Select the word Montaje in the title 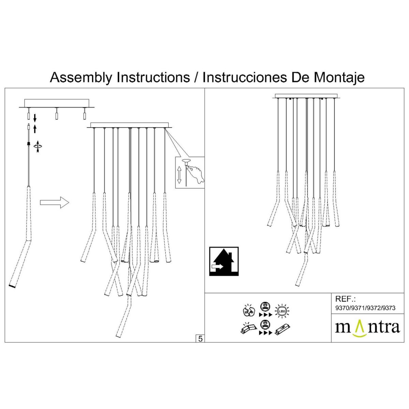click(x=339, y=77)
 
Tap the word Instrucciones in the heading click(x=244, y=77)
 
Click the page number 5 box click(x=200, y=338)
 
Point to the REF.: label click(x=345, y=299)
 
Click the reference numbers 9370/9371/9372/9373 click(x=365, y=308)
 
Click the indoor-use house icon click(x=224, y=261)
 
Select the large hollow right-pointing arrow click(x=55, y=202)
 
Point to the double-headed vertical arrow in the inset click(x=179, y=175)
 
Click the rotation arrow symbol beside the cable click(x=38, y=147)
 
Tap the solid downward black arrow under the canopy click(x=35, y=118)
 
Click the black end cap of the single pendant click(x=12, y=286)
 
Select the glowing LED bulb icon click(x=282, y=310)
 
